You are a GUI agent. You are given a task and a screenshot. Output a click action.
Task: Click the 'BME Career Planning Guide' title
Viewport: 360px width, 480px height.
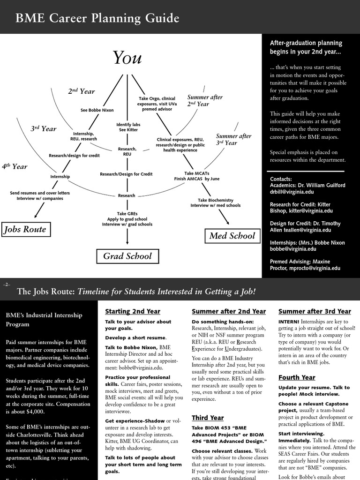97,18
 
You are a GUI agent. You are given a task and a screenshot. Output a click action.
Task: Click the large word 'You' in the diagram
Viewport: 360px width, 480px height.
127,58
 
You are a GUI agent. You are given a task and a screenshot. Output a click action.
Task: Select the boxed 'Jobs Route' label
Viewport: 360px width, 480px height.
25,229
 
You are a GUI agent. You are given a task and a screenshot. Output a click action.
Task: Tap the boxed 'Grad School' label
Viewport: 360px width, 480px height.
127,256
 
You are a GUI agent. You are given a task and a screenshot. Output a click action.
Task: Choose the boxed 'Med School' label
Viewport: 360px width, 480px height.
232,236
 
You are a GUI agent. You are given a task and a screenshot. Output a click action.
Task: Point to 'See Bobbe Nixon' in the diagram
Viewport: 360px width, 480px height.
97,110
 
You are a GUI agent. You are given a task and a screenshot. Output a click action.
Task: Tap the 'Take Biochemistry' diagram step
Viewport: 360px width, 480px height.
215,200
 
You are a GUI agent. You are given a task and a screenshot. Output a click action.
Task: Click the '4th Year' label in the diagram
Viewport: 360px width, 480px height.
15,166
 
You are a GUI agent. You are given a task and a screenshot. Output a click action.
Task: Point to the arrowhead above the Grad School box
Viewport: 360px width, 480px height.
127,242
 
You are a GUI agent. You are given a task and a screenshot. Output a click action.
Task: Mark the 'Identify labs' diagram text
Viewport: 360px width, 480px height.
128,125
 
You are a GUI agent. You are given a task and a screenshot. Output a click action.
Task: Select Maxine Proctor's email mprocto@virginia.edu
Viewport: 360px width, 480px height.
317,268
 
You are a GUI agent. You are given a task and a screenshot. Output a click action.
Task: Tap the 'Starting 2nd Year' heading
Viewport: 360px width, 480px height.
133,311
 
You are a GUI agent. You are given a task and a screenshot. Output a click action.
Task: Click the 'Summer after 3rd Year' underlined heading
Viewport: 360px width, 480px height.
315,311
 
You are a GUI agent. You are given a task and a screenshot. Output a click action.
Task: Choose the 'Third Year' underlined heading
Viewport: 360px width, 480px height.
208,418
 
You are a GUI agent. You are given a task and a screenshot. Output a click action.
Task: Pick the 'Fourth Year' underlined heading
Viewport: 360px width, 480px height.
297,377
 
